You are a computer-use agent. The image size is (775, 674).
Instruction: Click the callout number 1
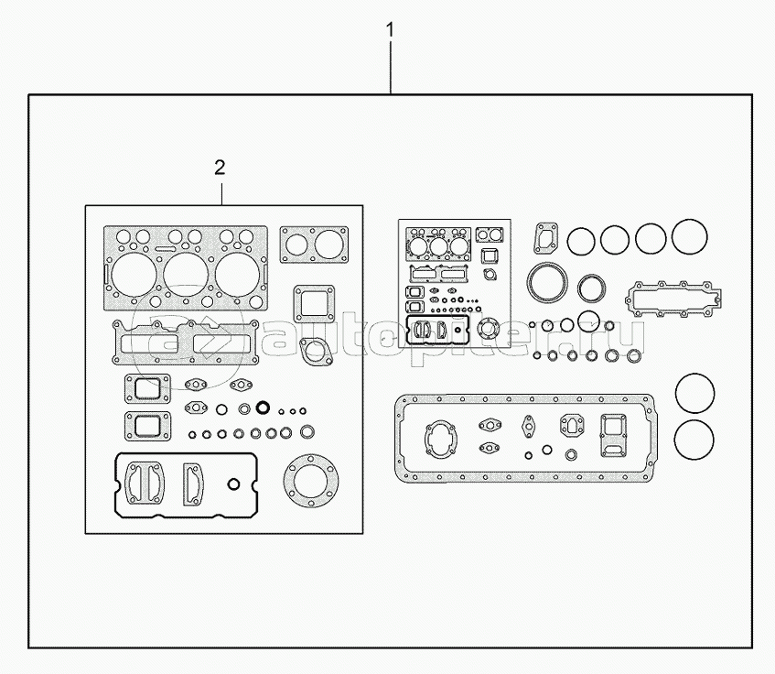(x=390, y=30)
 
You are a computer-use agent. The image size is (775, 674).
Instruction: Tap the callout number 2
(x=220, y=168)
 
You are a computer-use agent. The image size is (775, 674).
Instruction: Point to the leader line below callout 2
(x=222, y=194)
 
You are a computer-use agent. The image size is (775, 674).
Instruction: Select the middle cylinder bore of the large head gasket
(x=186, y=274)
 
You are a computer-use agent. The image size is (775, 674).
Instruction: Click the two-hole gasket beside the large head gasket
(x=314, y=245)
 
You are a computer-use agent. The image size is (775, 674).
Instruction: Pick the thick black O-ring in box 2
(x=264, y=408)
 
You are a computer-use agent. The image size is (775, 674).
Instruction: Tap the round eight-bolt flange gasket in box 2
(x=311, y=481)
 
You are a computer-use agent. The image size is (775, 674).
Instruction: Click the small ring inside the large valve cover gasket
(x=234, y=484)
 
